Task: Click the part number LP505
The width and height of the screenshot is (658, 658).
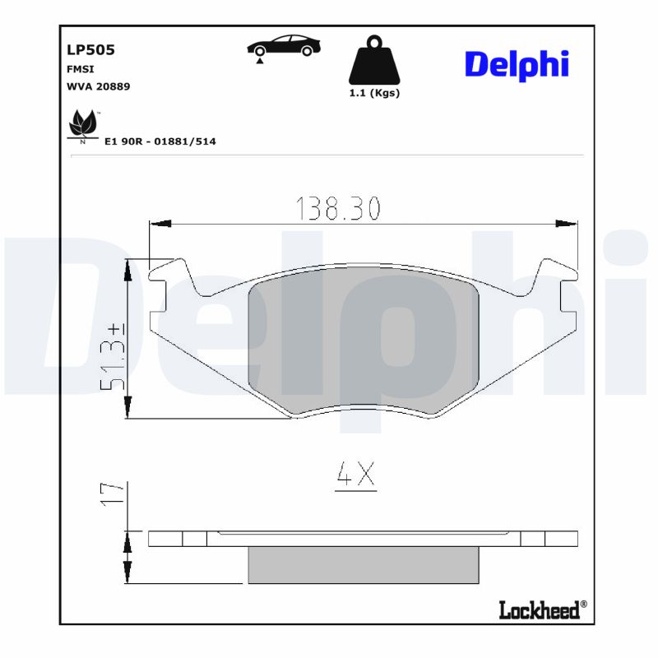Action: (x=90, y=50)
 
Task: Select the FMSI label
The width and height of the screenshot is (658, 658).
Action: (x=80, y=69)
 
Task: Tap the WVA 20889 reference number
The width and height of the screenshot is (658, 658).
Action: (x=98, y=86)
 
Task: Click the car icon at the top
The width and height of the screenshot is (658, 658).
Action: (x=284, y=47)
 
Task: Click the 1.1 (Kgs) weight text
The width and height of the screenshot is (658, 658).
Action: (x=374, y=93)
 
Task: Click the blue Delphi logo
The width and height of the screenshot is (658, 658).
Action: (x=517, y=64)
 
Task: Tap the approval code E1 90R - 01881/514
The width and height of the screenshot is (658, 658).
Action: (x=160, y=141)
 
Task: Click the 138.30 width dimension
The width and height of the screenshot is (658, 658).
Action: (x=338, y=210)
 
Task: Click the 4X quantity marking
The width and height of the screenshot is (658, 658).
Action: (x=355, y=474)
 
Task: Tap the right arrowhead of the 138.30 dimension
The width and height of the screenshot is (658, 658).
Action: (x=567, y=223)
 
